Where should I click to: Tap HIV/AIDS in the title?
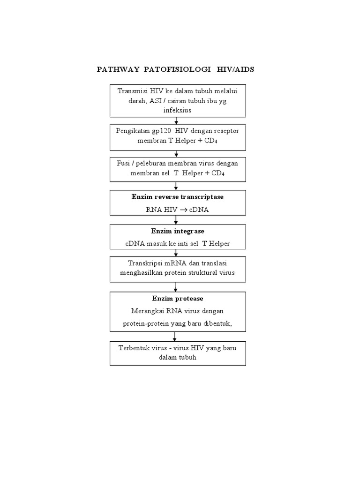coord(235,70)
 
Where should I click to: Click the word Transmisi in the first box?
coord(132,91)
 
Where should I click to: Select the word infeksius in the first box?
coord(178,110)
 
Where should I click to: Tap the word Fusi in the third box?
coord(123,163)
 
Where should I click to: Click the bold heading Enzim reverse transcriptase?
coord(178,197)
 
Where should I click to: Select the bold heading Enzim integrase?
coord(178,231)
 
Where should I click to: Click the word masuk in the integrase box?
coord(160,243)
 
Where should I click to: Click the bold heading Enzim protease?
coord(178,298)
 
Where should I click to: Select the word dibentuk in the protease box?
coord(217,323)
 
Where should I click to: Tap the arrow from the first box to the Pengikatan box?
coord(176,120)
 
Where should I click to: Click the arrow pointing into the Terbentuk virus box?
coord(175,336)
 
